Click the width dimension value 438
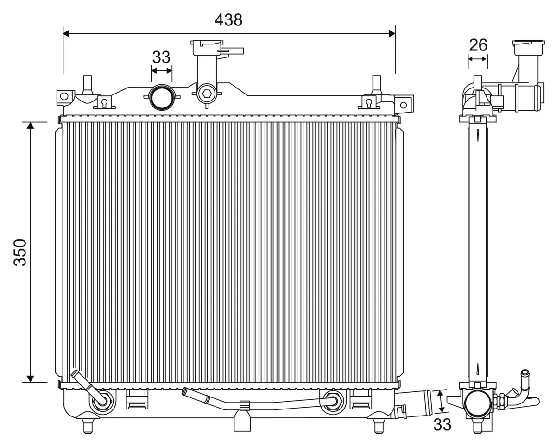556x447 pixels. click(228, 20)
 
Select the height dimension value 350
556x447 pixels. click(20, 252)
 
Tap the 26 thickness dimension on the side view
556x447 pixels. click(478, 45)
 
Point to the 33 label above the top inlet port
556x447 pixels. click(161, 57)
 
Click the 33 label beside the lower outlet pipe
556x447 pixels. click(442, 424)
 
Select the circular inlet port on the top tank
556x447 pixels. click(161, 98)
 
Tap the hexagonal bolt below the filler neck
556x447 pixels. click(206, 94)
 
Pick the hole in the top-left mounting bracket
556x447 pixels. click(64, 96)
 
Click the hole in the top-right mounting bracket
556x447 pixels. click(404, 105)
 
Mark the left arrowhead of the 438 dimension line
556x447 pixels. click(66, 33)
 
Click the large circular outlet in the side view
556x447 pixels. click(478, 403)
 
